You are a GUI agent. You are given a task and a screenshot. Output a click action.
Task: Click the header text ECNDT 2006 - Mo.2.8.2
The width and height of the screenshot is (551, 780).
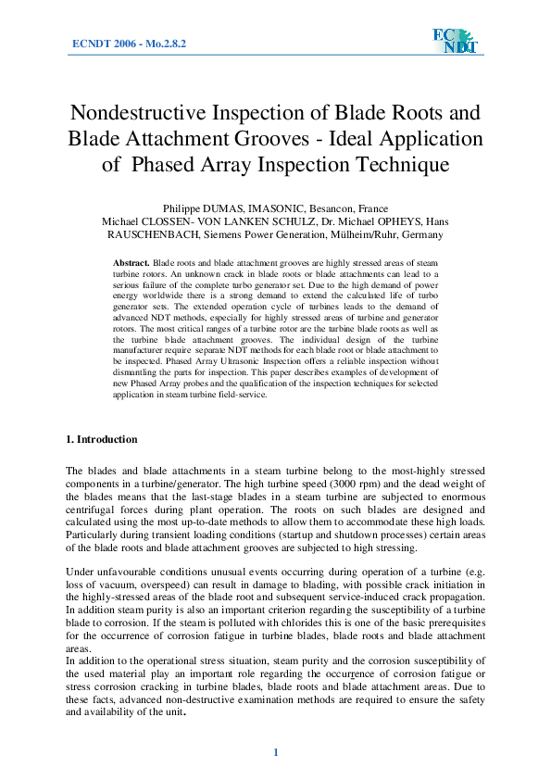click(129, 44)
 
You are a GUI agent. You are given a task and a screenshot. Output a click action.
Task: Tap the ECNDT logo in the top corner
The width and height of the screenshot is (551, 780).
click(453, 42)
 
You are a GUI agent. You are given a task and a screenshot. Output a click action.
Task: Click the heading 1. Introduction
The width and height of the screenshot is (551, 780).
click(102, 439)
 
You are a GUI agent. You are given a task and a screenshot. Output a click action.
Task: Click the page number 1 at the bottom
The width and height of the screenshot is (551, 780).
click(275, 751)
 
